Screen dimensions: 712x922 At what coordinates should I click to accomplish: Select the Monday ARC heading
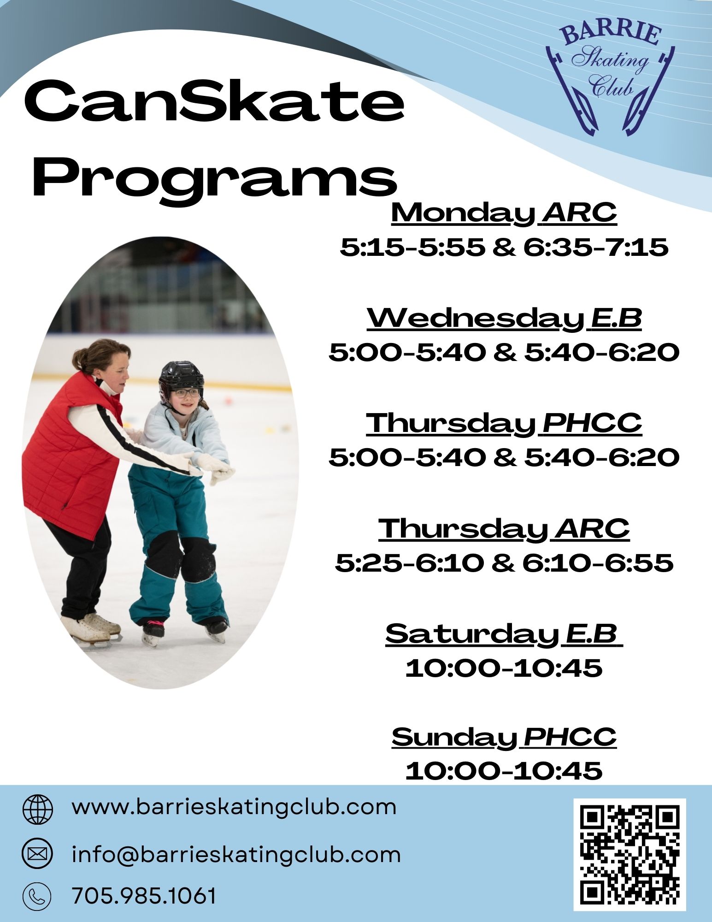click(504, 213)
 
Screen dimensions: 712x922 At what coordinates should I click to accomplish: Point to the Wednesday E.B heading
click(504, 319)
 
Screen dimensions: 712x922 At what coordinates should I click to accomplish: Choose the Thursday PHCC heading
click(504, 424)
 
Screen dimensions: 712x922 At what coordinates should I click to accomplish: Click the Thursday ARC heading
click(504, 529)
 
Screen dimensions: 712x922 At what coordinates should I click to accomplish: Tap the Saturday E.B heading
click(504, 634)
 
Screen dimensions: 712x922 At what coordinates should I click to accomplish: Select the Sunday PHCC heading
click(504, 737)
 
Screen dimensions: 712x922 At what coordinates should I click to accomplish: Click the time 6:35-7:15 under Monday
click(596, 248)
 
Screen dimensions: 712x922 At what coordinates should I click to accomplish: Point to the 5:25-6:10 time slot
click(410, 563)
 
